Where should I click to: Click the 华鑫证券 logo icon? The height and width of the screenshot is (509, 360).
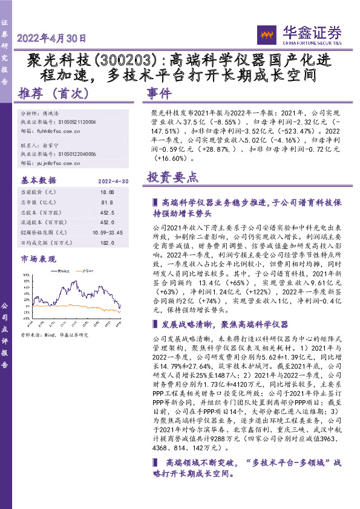point(267,34)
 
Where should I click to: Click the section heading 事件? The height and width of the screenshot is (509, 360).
point(159,94)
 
